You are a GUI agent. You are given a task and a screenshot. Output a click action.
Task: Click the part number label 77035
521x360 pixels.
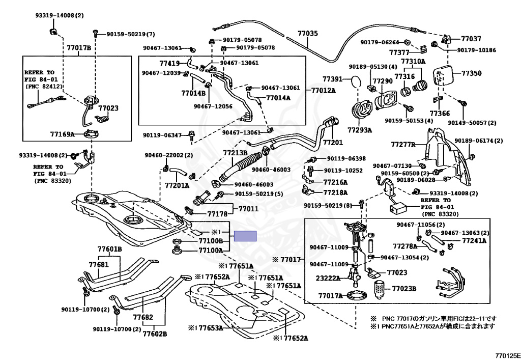pos(307,34)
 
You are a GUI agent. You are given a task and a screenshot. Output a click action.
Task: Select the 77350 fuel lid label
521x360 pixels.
pos(471,73)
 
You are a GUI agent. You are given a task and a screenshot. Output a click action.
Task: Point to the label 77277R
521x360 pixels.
pos(403,145)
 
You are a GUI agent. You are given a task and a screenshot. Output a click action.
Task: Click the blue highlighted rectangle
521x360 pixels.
pos(245,236)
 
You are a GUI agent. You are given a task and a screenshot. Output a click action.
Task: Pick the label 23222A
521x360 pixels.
pos(329,279)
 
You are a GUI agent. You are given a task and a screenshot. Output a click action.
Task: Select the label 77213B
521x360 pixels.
pos(235,152)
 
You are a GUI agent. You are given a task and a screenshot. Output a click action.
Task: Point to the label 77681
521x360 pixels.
pos(99,265)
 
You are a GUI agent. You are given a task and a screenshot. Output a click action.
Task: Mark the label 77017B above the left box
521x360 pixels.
pos(79,48)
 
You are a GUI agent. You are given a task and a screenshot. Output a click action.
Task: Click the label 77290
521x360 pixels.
pos(382,81)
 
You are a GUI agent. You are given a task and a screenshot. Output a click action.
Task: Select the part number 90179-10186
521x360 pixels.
pos(476,50)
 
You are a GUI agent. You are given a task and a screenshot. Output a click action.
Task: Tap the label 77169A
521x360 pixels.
pos(62,134)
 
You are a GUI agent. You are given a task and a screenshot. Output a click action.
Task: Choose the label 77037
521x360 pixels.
pos(471,39)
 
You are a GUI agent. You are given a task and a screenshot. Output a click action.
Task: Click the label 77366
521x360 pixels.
pos(440,113)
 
